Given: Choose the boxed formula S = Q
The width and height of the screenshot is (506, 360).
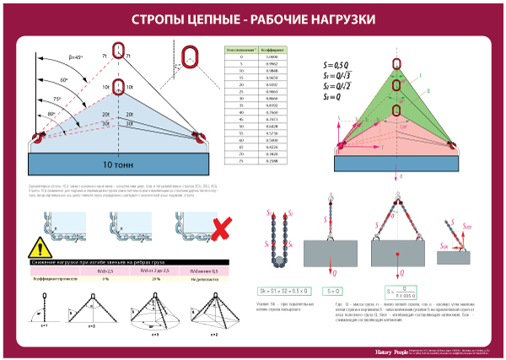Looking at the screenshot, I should pyautogui.click(x=331, y=291).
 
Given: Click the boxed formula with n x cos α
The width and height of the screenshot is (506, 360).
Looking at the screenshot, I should pyautogui.click(x=399, y=294).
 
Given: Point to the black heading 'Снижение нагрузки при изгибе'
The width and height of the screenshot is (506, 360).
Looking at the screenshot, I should pyautogui.click(x=84, y=261).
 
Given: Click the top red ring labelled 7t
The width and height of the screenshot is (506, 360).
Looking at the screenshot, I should pyautogui.click(x=118, y=51).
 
